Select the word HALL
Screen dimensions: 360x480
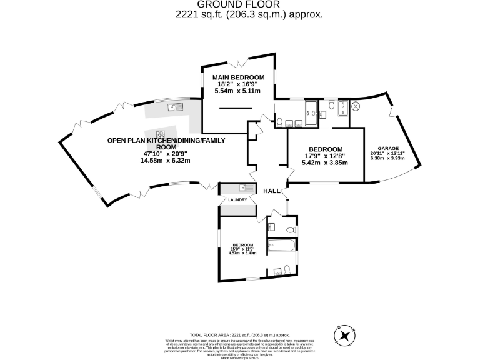[271, 191]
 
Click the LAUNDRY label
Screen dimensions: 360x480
[237, 200]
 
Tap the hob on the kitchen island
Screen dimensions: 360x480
[160, 133]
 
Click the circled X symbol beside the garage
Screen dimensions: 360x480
[356, 107]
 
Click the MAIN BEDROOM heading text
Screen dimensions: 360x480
[237, 77]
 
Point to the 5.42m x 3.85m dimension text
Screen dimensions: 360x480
[325, 162]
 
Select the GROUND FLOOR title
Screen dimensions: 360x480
[241, 4]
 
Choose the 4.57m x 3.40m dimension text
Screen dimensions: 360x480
[242, 254]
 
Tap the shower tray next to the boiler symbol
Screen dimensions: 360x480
[342, 108]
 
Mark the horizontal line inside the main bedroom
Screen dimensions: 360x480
[236, 108]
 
